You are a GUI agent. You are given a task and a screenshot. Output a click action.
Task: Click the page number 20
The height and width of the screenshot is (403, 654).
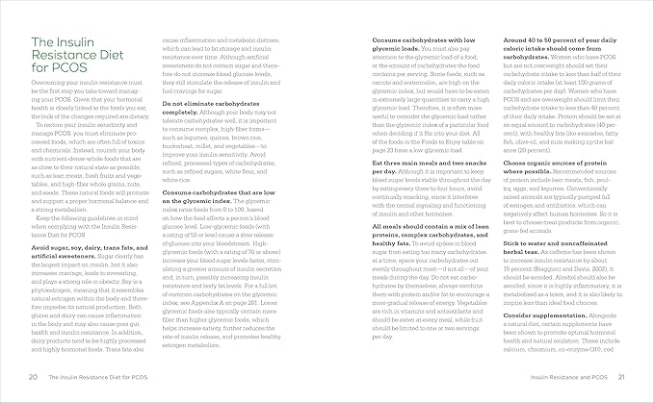34,377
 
